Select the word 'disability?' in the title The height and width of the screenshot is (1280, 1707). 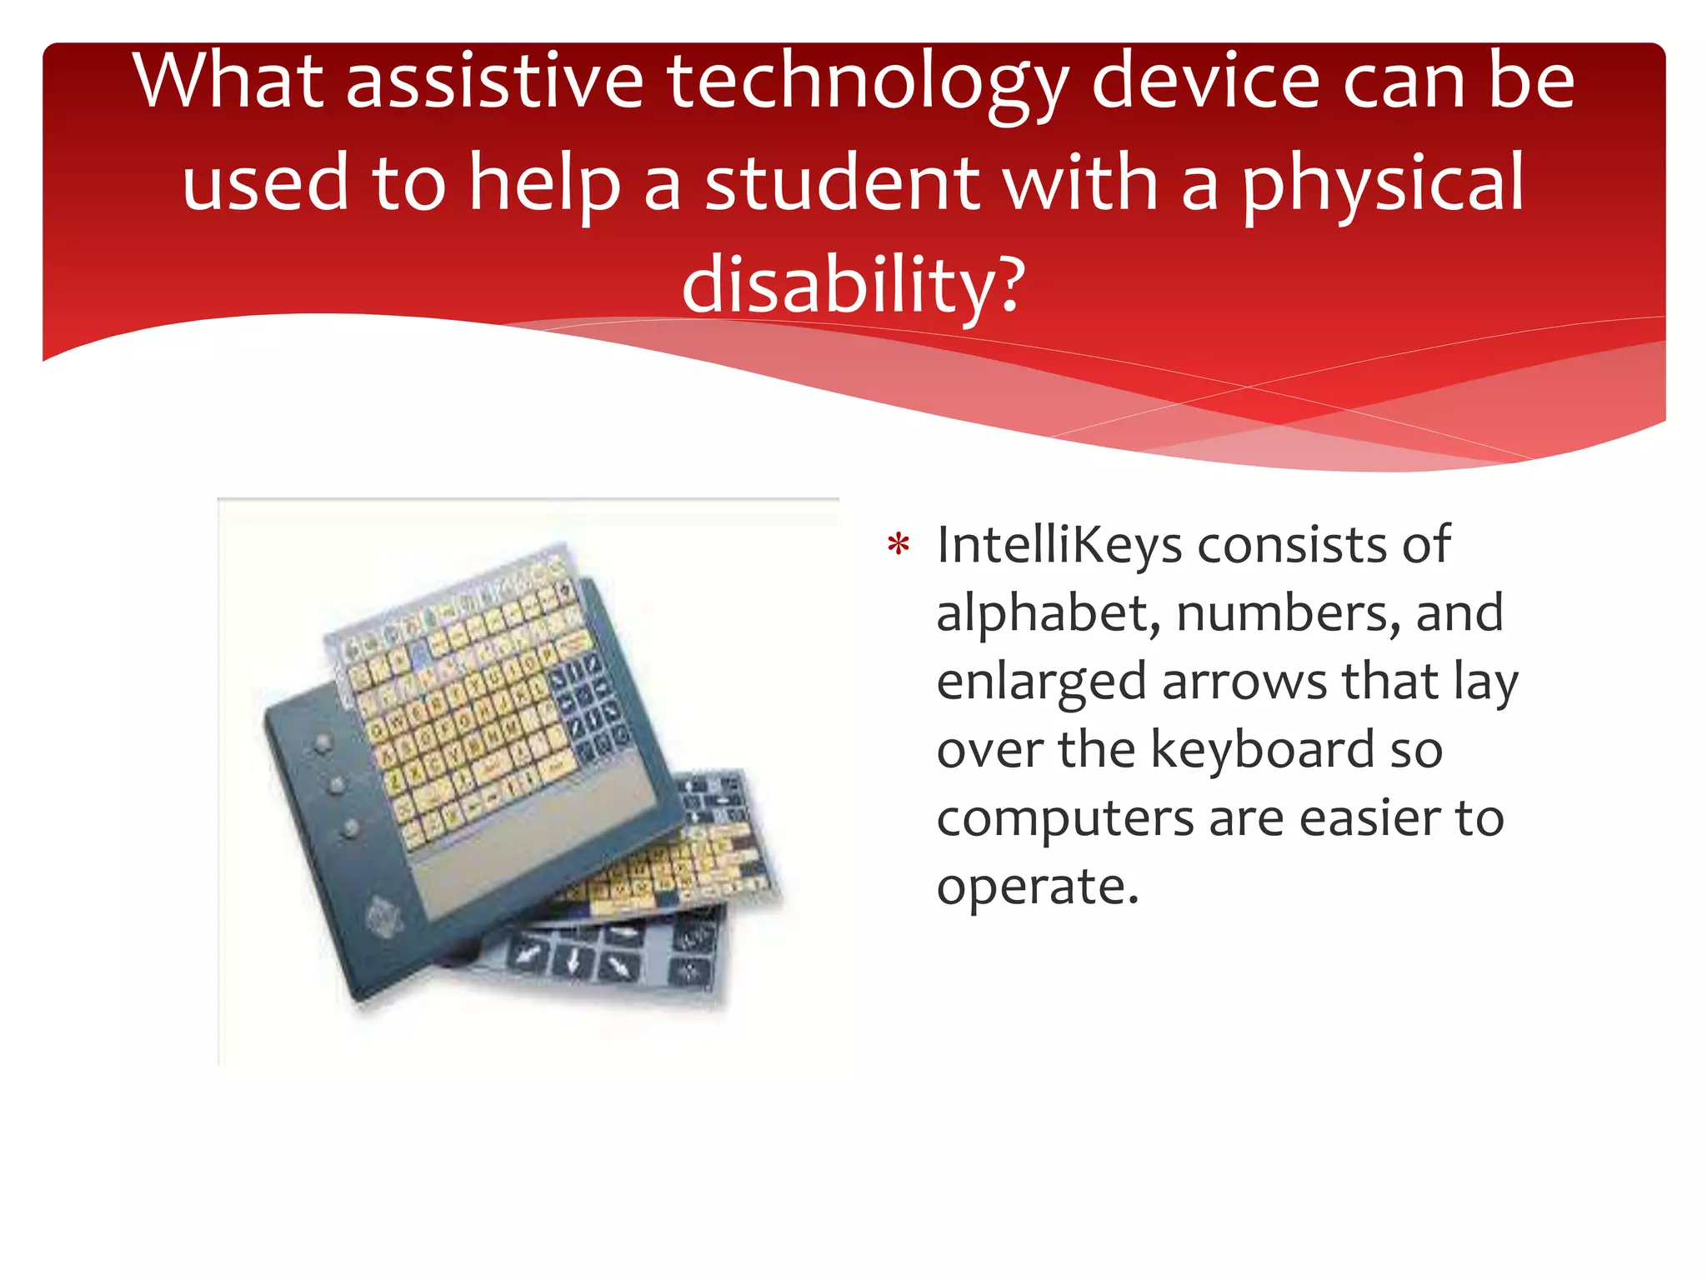click(x=853, y=284)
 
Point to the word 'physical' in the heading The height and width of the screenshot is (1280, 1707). click(x=1384, y=182)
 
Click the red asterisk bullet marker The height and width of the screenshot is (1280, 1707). click(x=899, y=547)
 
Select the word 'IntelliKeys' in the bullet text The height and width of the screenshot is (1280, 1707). click(x=1059, y=545)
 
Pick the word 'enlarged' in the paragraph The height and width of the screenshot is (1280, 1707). click(x=1040, y=682)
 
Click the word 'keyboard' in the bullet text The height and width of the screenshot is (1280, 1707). click(x=1262, y=749)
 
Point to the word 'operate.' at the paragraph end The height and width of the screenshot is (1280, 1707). click(x=1038, y=886)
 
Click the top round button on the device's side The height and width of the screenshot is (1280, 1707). click(x=323, y=742)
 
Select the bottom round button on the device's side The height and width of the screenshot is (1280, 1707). click(x=350, y=828)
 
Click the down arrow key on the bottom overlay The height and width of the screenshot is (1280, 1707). click(x=573, y=962)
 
